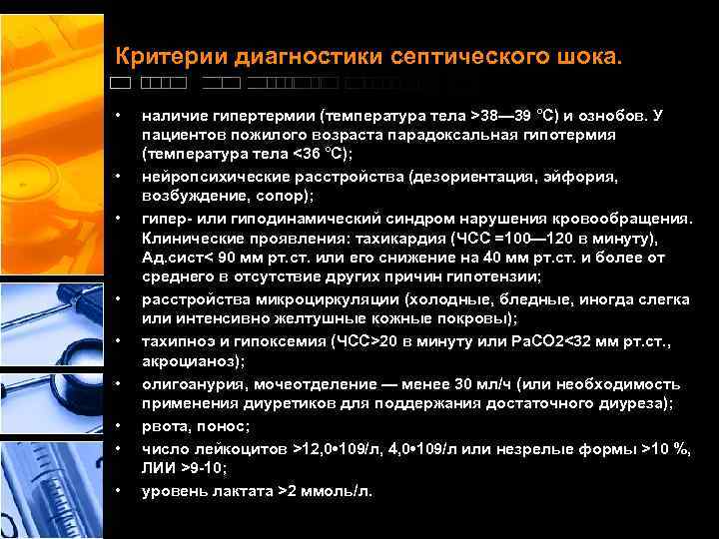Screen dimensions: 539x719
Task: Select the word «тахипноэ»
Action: (x=176, y=341)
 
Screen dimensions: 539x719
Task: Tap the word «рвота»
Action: (x=164, y=426)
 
